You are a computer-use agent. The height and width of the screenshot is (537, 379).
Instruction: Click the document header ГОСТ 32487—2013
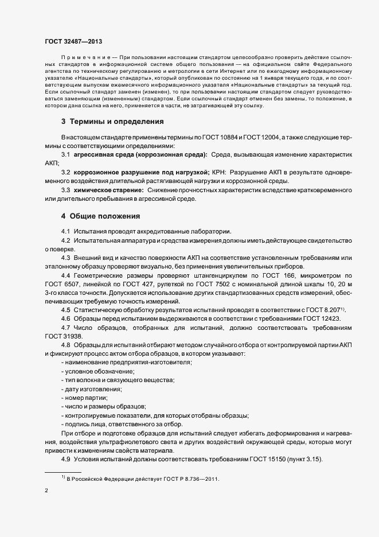coord(75,41)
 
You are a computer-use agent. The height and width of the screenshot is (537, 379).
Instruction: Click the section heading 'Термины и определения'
coord(108,122)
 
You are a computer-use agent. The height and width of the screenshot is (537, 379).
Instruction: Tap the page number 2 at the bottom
coord(46,491)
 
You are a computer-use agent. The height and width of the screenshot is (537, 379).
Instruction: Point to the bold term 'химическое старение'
coord(108,189)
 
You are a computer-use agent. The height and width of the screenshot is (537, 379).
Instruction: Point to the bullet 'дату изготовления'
coord(92,389)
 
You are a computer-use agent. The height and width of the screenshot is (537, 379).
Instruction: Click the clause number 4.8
coord(65,345)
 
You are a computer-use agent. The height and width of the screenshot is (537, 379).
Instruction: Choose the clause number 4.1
coord(65,231)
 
